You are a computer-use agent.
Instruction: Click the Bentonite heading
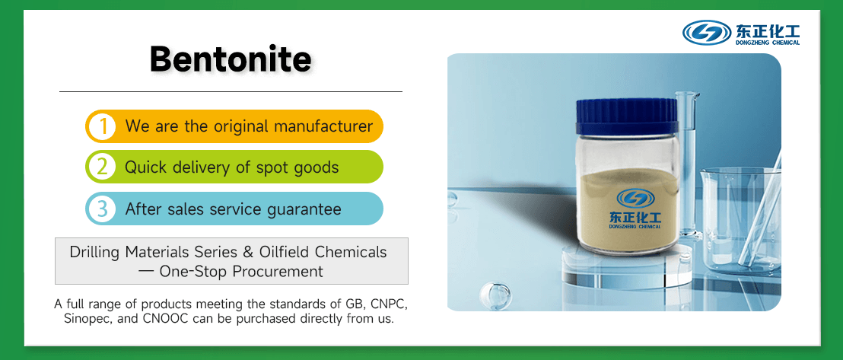pos(231,59)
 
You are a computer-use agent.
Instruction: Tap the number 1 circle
pos(101,126)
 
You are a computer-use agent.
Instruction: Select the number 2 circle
pos(101,167)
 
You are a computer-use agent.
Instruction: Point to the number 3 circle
pos(101,209)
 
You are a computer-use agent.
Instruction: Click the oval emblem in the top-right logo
pos(707,33)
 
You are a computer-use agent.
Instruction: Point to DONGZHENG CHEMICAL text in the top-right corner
pos(768,43)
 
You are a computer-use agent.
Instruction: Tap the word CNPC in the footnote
pos(387,304)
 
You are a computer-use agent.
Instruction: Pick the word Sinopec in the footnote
pos(86,319)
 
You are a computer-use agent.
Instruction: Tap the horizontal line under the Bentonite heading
pos(231,91)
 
